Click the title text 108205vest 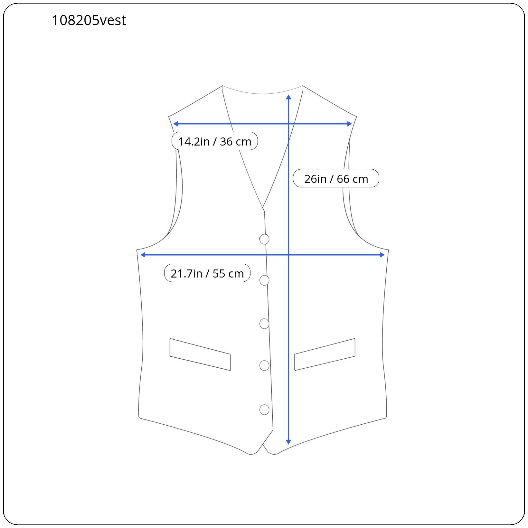(89, 20)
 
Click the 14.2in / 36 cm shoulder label (215, 141)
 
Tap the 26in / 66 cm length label (336, 178)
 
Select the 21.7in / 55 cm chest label (207, 273)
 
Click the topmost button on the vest (264, 239)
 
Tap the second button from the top (264, 280)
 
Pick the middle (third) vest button (264, 324)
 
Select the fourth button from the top (264, 366)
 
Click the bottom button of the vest (264, 410)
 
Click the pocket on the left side (200, 354)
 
